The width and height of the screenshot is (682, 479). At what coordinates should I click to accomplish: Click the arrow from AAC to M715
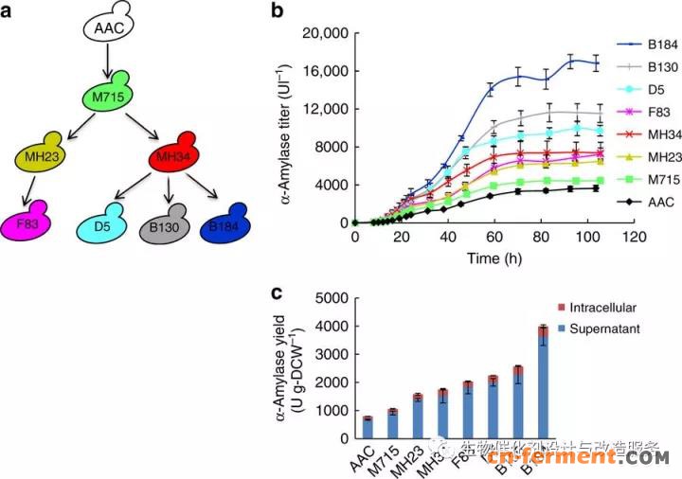(111, 61)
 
